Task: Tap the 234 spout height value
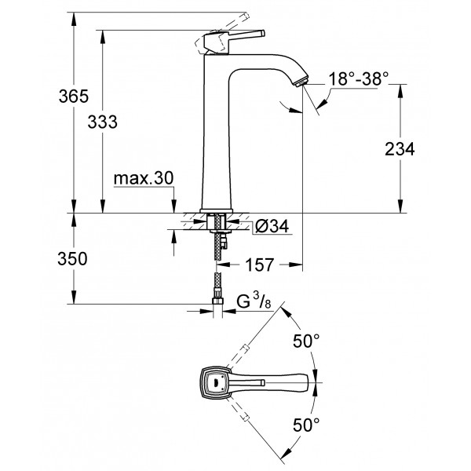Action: pos(400,149)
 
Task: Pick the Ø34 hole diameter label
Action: pos(272,227)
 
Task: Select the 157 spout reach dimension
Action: pos(258,265)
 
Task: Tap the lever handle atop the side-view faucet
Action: pos(235,36)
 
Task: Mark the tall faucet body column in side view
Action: pos(217,133)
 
